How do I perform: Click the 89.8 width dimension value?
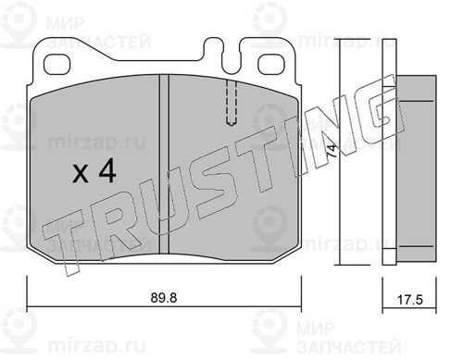coord(164,298)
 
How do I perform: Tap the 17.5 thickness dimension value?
coord(409,300)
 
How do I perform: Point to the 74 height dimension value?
coord(332,151)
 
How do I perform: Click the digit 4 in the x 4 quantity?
coord(107,173)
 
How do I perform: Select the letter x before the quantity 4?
coord(81,175)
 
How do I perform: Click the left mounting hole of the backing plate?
coord(57,65)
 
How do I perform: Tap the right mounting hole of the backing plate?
coord(270,64)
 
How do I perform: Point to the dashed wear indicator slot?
coord(231,103)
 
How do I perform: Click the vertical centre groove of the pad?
coord(164,165)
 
